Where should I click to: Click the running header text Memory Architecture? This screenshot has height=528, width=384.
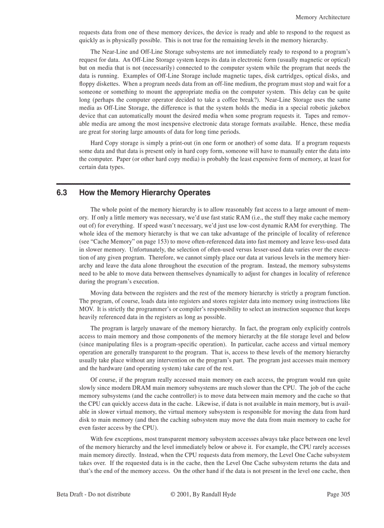(322, 17)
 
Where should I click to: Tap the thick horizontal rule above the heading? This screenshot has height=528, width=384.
(203, 183)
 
